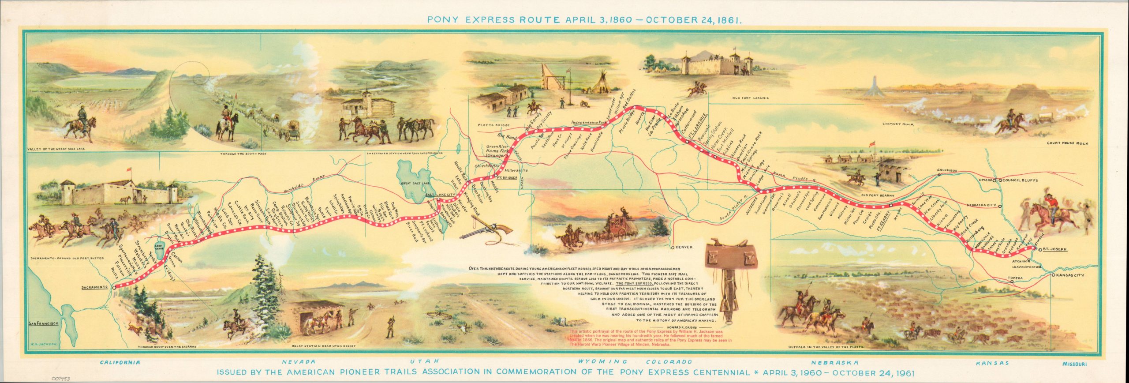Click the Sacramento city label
[95, 287]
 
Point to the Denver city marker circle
[672, 248]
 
